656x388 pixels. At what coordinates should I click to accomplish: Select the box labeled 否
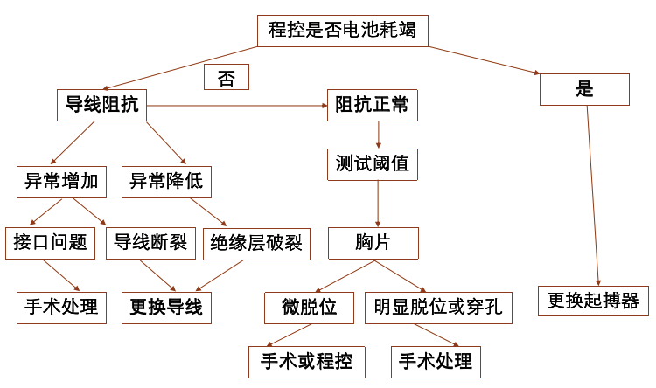coord(227,77)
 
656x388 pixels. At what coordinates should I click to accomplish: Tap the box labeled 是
coord(584,89)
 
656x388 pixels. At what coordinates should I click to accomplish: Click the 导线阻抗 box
coord(101,106)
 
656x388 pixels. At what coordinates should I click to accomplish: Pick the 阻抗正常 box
coord(372,106)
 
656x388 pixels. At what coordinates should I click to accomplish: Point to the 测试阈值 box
coord(372,163)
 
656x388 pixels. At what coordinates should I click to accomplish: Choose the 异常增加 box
coord(61,182)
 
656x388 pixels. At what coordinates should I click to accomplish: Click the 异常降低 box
coord(166,182)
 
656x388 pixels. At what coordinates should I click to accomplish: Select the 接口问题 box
coord(51,242)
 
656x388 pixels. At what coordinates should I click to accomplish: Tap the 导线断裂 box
coord(151,242)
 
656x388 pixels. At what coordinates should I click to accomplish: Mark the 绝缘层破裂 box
coord(256,244)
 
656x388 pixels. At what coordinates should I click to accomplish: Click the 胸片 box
coord(373,243)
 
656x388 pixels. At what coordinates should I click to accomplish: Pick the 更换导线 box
coord(166,308)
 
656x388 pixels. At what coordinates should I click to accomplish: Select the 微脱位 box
coord(309,308)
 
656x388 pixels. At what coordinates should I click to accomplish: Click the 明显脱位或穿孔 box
coord(438,308)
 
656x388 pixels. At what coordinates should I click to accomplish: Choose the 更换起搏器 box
coord(594,301)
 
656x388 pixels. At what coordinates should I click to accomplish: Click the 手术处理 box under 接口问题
coord(61,308)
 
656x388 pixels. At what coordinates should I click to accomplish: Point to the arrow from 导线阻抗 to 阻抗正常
coord(236,106)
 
